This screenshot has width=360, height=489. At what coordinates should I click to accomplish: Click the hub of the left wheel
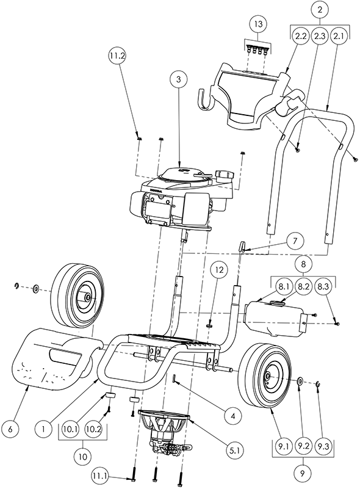point(88,297)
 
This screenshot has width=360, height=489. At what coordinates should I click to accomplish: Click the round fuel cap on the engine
point(225,175)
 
